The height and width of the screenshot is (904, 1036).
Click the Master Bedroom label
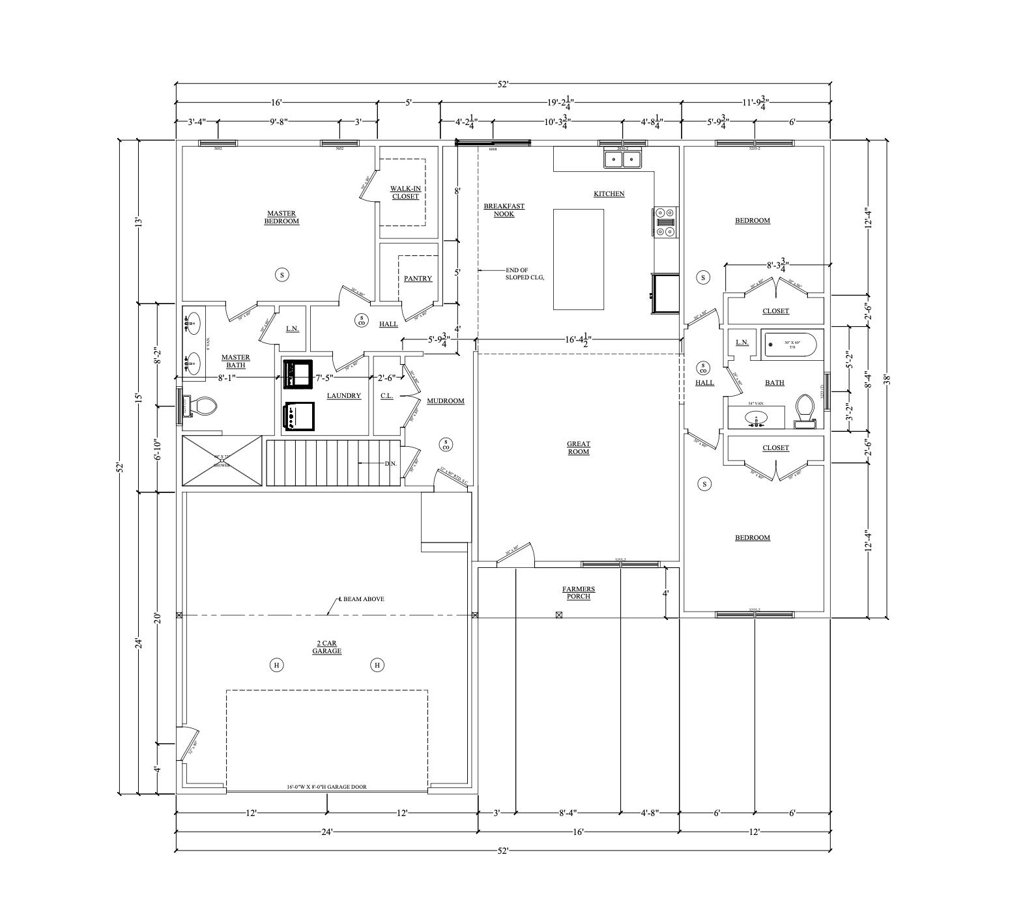tap(281, 218)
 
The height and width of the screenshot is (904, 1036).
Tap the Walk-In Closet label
tap(405, 192)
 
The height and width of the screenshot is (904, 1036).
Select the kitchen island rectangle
tap(579, 259)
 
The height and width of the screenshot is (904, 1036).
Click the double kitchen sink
tap(622, 159)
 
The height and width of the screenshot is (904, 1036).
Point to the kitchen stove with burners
tap(665, 221)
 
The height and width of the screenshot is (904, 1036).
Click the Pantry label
tap(418, 279)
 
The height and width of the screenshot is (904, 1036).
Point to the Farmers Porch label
tap(579, 593)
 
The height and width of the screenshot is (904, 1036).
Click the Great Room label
tap(579, 448)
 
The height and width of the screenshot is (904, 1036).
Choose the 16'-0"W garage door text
tap(326, 787)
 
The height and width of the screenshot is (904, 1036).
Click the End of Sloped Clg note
tap(525, 274)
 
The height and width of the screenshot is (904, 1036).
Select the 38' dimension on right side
tap(886, 379)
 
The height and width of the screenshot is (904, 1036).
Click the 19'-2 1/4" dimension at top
tap(560, 102)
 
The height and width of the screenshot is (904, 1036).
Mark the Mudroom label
tap(446, 401)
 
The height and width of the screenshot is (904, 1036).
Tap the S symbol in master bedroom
tap(282, 275)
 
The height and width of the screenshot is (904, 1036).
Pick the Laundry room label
tap(343, 396)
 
